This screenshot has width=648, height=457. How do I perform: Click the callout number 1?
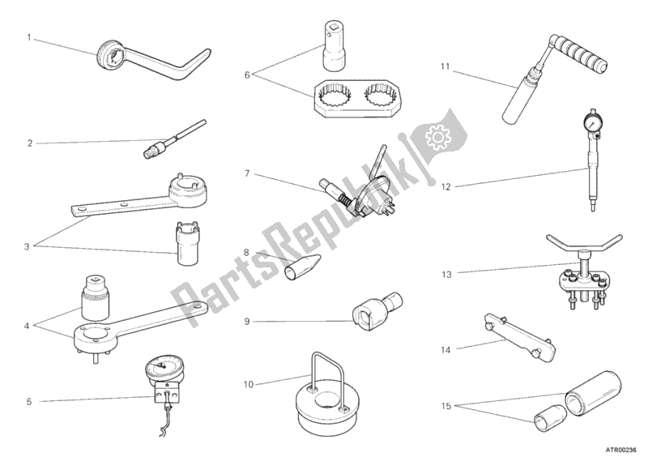tap(29, 37)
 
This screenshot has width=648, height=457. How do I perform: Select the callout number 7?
tap(247, 173)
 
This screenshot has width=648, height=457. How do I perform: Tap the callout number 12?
tap(446, 187)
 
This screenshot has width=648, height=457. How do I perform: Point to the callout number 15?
tap(446, 406)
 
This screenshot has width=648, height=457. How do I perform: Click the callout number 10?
tap(248, 385)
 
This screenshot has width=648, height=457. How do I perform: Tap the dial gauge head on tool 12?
tap(592, 124)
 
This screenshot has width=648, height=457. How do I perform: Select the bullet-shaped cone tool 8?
tap(302, 267)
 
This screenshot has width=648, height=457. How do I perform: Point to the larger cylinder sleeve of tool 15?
tap(593, 393)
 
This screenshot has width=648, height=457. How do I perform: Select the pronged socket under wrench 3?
tap(188, 244)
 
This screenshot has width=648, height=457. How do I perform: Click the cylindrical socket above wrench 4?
tap(96, 297)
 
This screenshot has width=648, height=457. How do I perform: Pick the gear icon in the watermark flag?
tap(437, 137)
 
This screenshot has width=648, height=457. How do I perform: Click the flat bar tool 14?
tap(518, 339)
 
